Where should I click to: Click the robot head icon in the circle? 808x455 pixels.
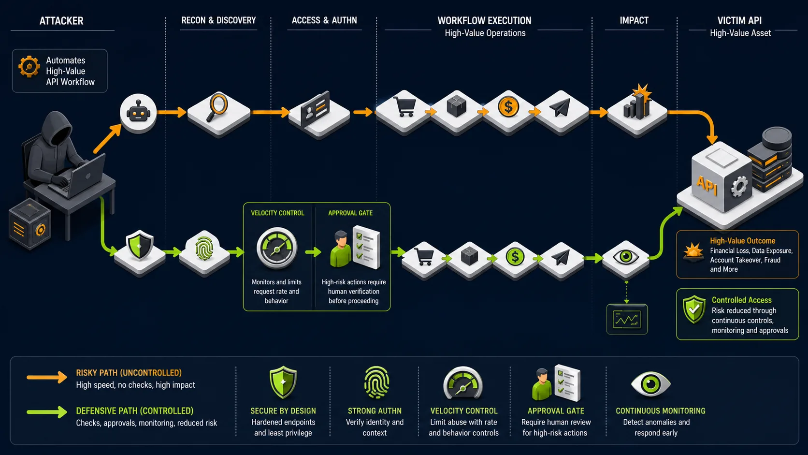click(138, 113)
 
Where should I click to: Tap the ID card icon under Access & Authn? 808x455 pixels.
click(315, 108)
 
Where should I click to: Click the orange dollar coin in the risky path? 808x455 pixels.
click(508, 107)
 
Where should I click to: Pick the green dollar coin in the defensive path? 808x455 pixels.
click(515, 257)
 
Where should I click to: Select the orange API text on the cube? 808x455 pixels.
click(707, 186)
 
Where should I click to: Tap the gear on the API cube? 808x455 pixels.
click(739, 187)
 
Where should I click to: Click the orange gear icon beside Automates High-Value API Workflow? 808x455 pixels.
click(29, 66)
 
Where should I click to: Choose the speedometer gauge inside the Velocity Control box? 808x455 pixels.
click(277, 248)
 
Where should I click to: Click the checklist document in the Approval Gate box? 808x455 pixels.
click(366, 247)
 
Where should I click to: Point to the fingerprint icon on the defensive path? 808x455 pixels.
click(204, 248)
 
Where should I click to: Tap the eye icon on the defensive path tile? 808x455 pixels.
click(626, 257)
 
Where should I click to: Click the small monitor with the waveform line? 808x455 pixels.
click(627, 319)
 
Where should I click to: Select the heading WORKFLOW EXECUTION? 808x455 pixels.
click(484, 21)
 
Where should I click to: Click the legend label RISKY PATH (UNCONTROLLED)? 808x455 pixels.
click(129, 373)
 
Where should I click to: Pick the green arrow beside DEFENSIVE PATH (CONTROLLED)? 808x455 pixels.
click(47, 411)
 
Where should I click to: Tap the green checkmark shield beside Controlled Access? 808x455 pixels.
click(694, 309)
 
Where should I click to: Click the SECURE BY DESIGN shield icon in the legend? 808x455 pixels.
click(283, 382)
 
